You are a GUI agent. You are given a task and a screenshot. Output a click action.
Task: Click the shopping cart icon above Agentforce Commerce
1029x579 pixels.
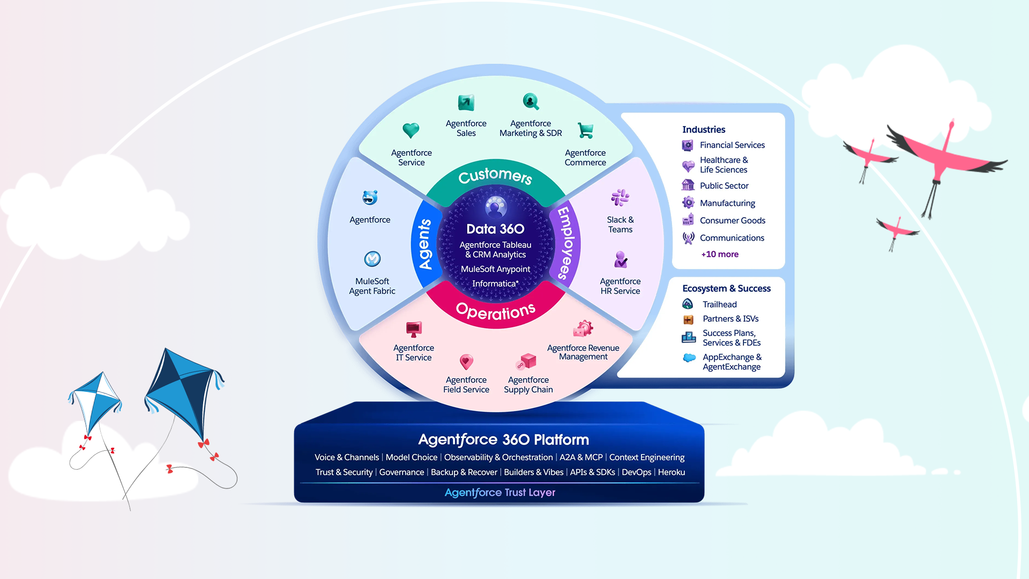585,130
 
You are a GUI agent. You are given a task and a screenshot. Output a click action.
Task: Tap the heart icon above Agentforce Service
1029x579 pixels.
411,130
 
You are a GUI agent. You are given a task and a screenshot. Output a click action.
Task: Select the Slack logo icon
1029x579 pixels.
620,198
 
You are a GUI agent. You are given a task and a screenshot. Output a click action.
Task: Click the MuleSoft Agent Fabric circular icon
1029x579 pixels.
372,259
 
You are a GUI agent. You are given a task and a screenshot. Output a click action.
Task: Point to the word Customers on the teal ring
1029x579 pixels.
495,175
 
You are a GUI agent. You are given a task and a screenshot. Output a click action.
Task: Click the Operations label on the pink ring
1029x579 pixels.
495,311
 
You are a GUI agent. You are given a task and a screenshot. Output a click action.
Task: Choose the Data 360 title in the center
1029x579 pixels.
495,229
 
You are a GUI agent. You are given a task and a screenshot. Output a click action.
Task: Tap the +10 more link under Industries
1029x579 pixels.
720,254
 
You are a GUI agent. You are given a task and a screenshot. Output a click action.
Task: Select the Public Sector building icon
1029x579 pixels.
688,185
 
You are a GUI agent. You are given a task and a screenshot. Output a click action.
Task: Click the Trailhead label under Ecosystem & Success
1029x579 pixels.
720,305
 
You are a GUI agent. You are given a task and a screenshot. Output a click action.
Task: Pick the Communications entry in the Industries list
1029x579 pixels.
732,238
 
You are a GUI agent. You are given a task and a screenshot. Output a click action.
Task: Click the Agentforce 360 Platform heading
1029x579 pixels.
503,440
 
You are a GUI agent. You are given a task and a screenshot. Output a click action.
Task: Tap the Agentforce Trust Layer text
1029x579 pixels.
500,492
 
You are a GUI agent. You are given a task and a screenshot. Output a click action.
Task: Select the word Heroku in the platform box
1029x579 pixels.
672,472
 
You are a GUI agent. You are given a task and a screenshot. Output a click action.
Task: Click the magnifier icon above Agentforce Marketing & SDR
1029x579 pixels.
531,101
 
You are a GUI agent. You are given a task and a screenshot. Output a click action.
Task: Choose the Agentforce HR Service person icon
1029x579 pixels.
620,259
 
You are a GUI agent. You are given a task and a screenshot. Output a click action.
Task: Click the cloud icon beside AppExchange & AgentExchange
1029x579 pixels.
689,358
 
